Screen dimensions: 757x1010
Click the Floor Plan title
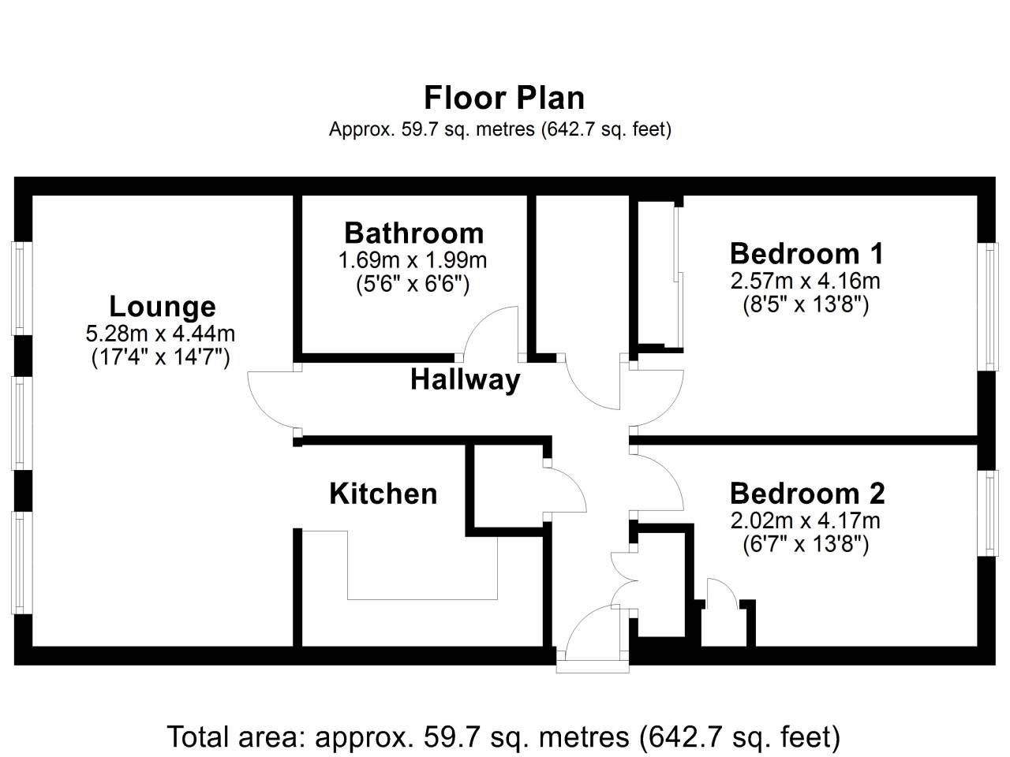(504, 98)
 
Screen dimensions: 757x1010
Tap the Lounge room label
(162, 306)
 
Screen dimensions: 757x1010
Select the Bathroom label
(413, 233)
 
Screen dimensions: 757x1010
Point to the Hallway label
(465, 380)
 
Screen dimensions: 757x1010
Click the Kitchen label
(383, 494)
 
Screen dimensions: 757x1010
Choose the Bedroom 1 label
(806, 253)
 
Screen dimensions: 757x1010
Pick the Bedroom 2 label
(806, 493)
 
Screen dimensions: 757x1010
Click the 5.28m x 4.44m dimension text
(160, 333)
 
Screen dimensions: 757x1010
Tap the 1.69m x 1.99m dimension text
(412, 259)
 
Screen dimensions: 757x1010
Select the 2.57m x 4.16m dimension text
(806, 280)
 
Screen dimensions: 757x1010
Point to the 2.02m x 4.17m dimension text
(806, 520)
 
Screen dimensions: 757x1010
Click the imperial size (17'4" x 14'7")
(160, 358)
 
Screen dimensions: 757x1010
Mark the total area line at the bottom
(503, 737)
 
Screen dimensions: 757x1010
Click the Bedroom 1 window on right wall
(988, 305)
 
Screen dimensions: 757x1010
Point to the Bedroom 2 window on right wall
(988, 513)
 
